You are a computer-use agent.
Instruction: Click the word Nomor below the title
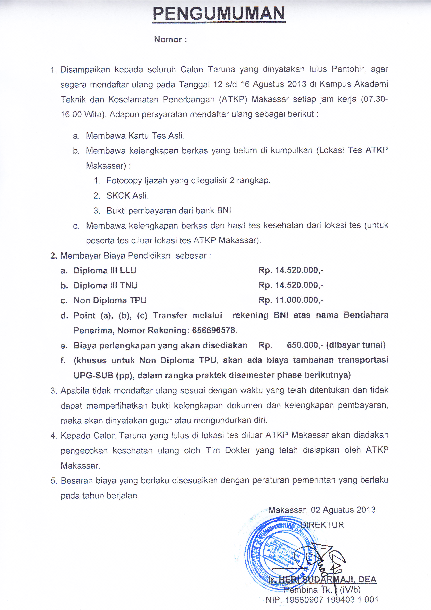tap(168, 40)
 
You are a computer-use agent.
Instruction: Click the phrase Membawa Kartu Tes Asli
tap(135, 136)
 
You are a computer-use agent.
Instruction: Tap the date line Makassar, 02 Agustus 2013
tap(322, 510)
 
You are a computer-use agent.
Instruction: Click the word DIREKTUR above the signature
tap(322, 525)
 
